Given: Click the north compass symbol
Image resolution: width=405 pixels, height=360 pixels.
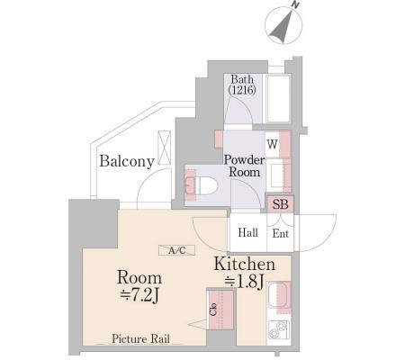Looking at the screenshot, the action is pyautogui.click(x=283, y=25).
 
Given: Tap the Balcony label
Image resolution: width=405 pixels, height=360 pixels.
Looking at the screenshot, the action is pyautogui.click(x=127, y=161).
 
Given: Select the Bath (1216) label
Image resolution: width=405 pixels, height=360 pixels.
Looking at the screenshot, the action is pyautogui.click(x=242, y=85).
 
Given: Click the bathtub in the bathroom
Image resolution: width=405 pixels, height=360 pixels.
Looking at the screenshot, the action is pyautogui.click(x=278, y=99).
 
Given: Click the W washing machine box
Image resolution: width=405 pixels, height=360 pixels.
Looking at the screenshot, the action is pyautogui.click(x=272, y=144).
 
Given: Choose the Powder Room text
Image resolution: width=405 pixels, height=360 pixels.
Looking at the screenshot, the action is pyautogui.click(x=244, y=166).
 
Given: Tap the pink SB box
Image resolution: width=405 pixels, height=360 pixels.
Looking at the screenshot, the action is pyautogui.click(x=280, y=204).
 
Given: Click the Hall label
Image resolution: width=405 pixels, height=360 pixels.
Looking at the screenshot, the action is pyautogui.click(x=247, y=232).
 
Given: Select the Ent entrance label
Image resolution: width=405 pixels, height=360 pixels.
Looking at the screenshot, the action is pyautogui.click(x=281, y=233).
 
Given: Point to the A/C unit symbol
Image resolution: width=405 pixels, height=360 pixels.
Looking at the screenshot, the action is pyautogui.click(x=177, y=250).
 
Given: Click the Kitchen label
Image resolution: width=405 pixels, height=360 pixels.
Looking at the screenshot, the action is pyautogui.click(x=244, y=265).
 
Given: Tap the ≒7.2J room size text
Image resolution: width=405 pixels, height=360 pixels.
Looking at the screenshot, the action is pyautogui.click(x=139, y=296).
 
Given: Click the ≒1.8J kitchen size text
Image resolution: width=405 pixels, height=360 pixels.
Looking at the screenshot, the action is pyautogui.click(x=244, y=282).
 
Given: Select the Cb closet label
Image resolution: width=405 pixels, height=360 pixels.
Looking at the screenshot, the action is pyautogui.click(x=213, y=310).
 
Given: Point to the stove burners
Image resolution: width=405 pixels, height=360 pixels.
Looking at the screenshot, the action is pyautogui.click(x=279, y=329).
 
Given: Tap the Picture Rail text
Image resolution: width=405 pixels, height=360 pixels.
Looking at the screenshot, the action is pyautogui.click(x=140, y=338).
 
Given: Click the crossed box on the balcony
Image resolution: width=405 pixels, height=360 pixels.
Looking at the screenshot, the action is pyautogui.click(x=164, y=148).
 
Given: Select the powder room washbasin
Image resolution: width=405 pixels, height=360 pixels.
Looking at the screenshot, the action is pyautogui.click(x=278, y=175).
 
